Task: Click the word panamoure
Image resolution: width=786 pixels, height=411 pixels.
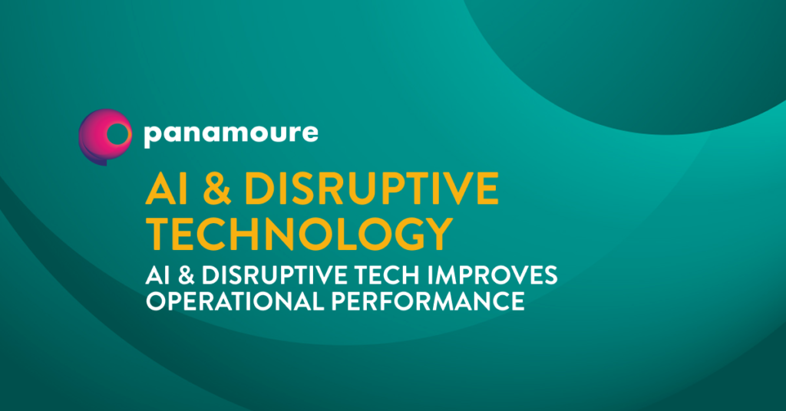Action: click(x=230, y=135)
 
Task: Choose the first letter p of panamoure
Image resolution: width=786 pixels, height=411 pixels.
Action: click(x=152, y=137)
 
